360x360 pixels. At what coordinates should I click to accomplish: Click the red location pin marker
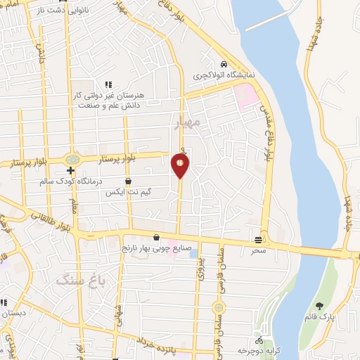point(181,165)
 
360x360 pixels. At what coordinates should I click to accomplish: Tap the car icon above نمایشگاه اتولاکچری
point(223,64)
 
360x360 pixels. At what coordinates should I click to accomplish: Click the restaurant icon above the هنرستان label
point(108,84)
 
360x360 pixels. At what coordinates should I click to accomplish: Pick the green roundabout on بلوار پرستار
point(71,160)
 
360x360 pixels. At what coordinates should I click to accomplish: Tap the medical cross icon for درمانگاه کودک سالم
point(70,170)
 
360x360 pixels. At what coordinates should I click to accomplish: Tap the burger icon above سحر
point(259,240)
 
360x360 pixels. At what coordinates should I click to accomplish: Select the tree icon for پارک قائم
point(320,306)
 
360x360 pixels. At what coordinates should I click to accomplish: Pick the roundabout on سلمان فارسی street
point(219,307)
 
